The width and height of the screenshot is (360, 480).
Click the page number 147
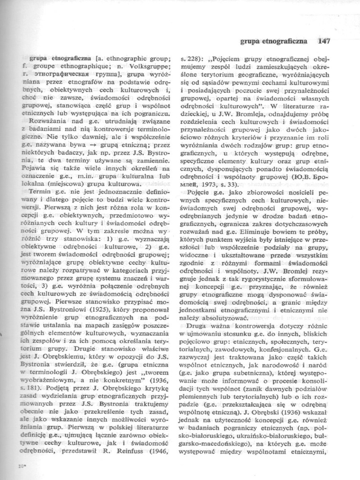323,41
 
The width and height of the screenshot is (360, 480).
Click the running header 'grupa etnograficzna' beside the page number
273,41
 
